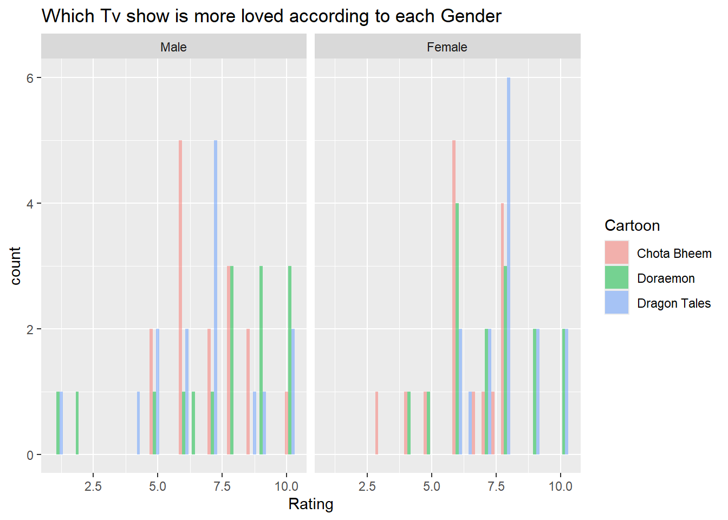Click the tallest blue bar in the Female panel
509,265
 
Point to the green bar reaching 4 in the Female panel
457,328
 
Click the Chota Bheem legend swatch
616,252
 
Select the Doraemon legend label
666,278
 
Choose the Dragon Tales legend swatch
616,303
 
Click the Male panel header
173,47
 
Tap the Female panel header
447,47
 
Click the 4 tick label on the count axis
30,204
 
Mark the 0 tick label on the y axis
30,456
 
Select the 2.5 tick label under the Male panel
93,486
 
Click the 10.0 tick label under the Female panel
560,486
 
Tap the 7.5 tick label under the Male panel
222,486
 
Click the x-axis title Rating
310,504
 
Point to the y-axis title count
15,265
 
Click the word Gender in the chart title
471,16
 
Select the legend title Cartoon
632,225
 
